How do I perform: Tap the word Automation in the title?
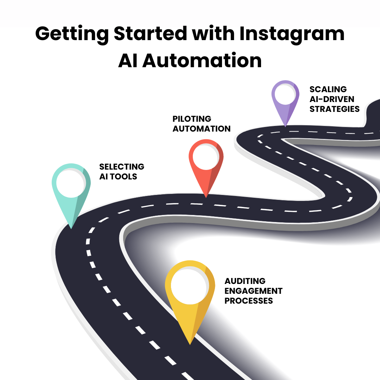(202, 61)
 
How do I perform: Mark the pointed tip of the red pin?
(207, 197)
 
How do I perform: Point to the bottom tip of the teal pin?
(71, 228)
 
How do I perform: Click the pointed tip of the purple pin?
(285, 126)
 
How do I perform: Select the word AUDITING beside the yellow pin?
(245, 281)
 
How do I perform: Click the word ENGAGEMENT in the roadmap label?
(254, 291)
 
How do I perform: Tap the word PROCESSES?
(249, 301)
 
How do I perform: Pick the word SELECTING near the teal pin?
(122, 166)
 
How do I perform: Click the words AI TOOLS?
(118, 176)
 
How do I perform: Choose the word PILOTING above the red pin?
(192, 119)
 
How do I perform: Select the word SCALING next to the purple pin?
(328, 89)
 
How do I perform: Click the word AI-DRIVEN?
(332, 99)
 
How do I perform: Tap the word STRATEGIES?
(335, 109)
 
